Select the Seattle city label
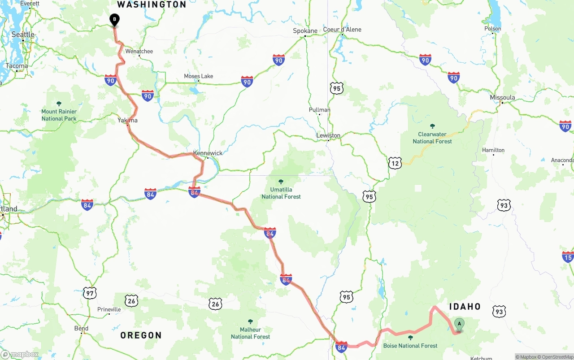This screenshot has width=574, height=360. coord(23,35)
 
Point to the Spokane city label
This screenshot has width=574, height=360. coord(305,31)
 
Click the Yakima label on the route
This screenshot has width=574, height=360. coord(128,120)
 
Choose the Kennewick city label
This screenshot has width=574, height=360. coord(208,153)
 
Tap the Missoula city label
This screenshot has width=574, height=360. coord(502,97)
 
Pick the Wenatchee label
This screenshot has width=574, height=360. coord(139,51)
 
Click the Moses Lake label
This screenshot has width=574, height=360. coord(198,76)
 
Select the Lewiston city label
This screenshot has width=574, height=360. coord(328,135)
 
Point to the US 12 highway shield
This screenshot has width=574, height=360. coord(395,163)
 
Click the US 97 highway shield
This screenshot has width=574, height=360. coord(90,294)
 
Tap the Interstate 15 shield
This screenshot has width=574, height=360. coord(568,257)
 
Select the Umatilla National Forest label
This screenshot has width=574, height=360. coord(281,193)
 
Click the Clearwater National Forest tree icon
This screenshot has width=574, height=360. coord(432,126)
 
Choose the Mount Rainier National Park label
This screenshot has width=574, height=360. coord(59,115)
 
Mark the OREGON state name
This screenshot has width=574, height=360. coord(141,335)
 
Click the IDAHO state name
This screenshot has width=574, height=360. coord(465,307)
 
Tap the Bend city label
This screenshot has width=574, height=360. coord(81,329)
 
